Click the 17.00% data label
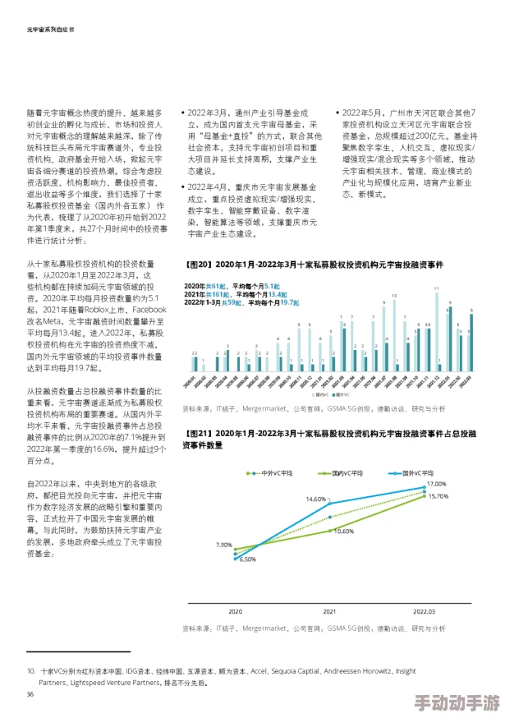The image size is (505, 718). point(436,485)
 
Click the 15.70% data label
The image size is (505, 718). point(438,496)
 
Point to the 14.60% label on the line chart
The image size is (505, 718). point(316,499)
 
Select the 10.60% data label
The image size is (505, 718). point(343,531)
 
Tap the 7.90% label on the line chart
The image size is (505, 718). point(223,545)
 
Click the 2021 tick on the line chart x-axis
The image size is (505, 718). point(329,612)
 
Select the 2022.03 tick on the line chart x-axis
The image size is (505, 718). point(424,612)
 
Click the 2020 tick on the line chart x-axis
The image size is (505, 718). point(235,612)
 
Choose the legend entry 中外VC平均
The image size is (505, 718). point(278,473)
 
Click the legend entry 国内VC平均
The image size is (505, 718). point(347,473)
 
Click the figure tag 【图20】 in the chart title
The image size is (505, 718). point(196,266)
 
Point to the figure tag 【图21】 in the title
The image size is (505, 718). point(196,432)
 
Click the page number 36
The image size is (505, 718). point(30,694)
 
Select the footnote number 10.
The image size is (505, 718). point(31,671)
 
